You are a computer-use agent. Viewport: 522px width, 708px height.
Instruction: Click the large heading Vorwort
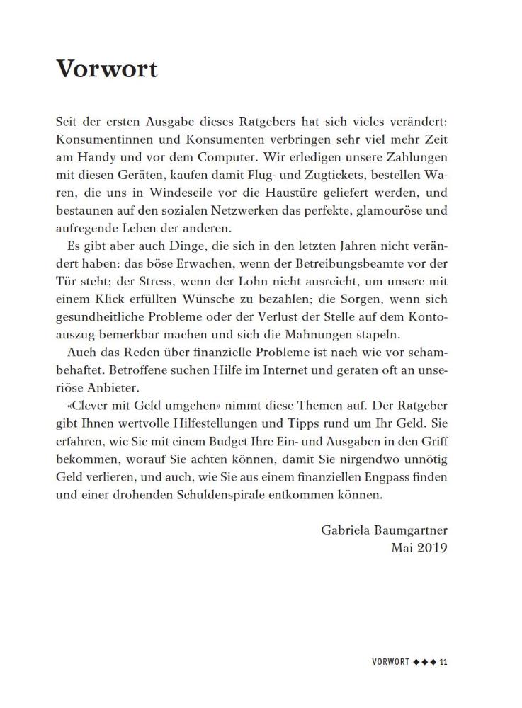pyautogui.click(x=106, y=69)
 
